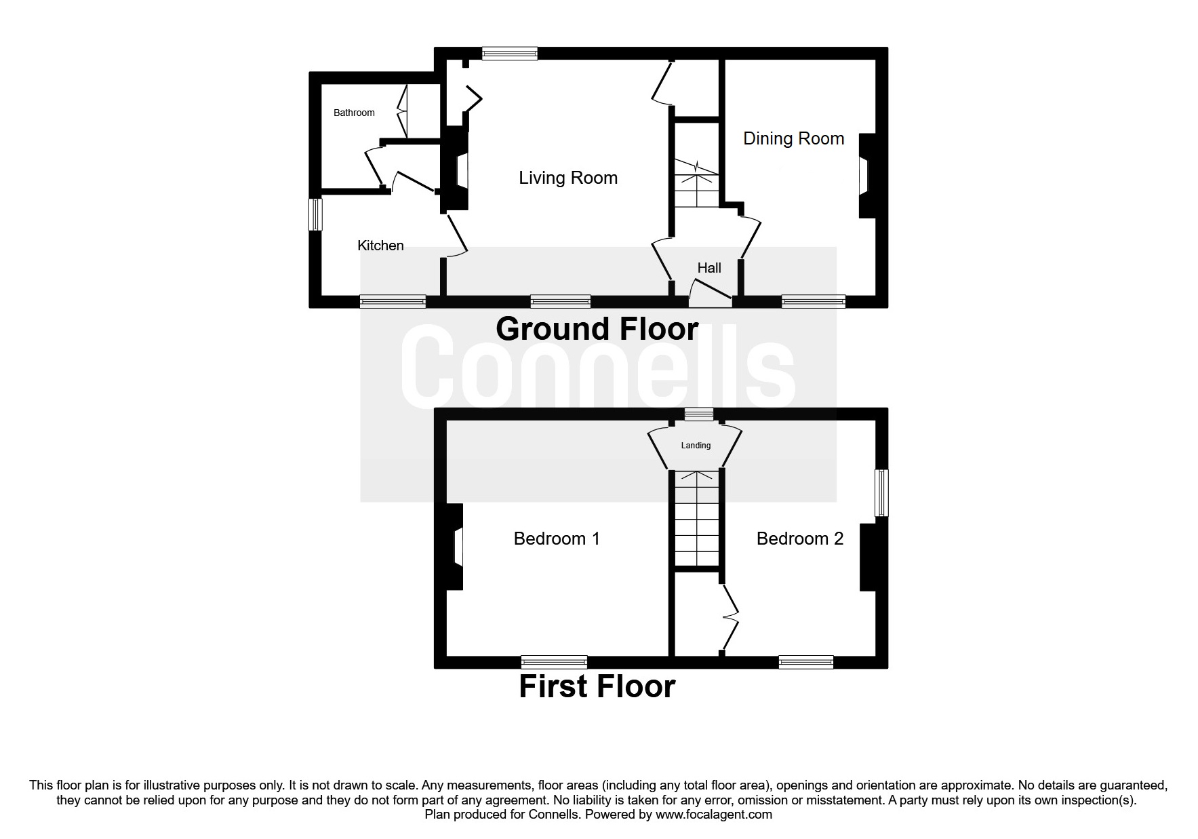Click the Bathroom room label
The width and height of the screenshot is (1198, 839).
(x=354, y=113)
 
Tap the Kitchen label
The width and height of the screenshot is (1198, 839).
(x=380, y=246)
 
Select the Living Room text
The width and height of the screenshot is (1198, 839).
(x=568, y=178)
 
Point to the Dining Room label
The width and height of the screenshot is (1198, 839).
(x=793, y=138)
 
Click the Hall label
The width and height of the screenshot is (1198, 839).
(x=709, y=268)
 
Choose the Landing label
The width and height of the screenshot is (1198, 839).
(x=696, y=446)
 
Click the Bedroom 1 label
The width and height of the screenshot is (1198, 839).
(x=557, y=539)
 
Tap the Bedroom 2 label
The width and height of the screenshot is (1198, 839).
(x=799, y=539)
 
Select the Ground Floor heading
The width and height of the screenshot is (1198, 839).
(x=597, y=329)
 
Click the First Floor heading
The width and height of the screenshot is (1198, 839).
(x=597, y=686)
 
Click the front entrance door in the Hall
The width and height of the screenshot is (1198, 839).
(x=711, y=293)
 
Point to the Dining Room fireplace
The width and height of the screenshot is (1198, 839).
(x=866, y=176)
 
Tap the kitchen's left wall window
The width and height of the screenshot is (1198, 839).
(x=315, y=214)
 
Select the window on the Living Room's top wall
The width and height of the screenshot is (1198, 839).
(x=509, y=53)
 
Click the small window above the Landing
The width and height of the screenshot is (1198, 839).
(x=698, y=414)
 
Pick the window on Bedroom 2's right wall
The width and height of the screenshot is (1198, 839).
(x=881, y=493)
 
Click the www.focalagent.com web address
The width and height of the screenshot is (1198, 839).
(x=713, y=815)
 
